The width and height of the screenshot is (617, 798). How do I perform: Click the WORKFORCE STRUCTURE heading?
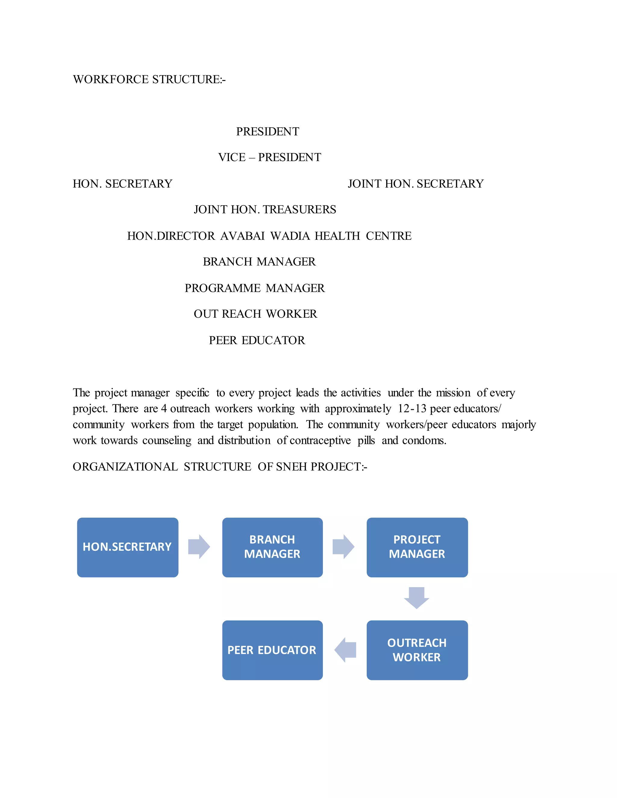149,79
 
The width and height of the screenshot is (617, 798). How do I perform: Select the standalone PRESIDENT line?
268,132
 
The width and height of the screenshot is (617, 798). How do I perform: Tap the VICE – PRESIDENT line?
269,157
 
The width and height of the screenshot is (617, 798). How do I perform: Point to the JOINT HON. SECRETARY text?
415,184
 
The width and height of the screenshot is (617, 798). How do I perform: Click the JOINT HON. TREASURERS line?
265,210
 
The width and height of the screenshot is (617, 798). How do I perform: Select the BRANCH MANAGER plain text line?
259,262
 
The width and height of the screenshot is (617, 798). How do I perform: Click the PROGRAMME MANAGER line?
254,288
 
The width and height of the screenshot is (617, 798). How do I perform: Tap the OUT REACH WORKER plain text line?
255,314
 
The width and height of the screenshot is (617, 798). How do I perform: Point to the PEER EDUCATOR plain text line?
257,341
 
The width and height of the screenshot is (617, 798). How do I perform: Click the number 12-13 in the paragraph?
412,409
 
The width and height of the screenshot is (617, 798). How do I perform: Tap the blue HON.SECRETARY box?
127,547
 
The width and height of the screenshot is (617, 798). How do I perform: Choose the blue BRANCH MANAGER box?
272,547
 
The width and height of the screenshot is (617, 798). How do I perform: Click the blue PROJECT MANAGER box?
417,547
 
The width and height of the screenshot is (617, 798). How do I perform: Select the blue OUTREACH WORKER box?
417,650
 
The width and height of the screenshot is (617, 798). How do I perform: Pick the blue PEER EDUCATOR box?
272,650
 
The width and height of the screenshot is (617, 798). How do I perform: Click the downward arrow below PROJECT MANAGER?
416,598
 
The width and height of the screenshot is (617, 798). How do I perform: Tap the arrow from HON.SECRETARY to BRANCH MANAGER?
199,547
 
